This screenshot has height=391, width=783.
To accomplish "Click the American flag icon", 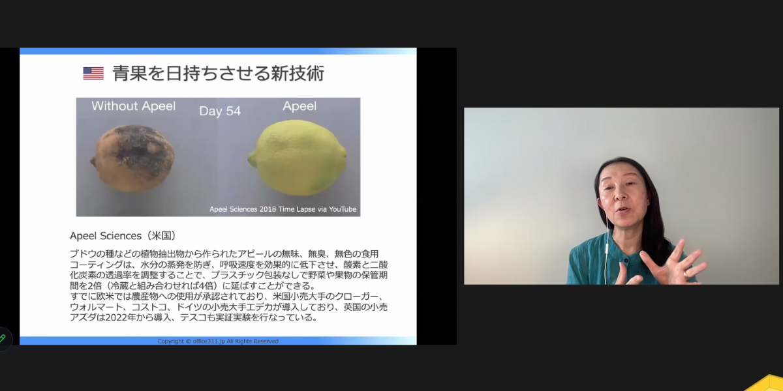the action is pyautogui.click(x=93, y=73).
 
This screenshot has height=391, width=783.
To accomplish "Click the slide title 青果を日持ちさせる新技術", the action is pyautogui.click(x=219, y=73).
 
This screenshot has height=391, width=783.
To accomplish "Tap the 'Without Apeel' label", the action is pyautogui.click(x=134, y=106).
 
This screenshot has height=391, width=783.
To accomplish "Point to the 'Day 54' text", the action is pyautogui.click(x=220, y=111).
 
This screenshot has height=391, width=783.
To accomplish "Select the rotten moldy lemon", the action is pyautogui.click(x=132, y=158).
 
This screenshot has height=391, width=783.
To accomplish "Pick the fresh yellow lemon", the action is pyautogui.click(x=298, y=157).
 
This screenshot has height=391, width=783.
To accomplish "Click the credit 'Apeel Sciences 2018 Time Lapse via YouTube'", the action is pyautogui.click(x=283, y=209).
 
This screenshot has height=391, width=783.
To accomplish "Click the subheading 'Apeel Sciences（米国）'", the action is pyautogui.click(x=123, y=236).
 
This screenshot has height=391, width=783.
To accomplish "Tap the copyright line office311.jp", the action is pyautogui.click(x=218, y=341).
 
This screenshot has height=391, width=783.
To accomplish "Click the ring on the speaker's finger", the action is pyautogui.click(x=686, y=275).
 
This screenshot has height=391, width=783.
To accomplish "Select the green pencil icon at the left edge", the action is pyautogui.click(x=3, y=338).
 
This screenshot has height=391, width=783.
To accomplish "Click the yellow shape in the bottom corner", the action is pyautogui.click(x=769, y=384).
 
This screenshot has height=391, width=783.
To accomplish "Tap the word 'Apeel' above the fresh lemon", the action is pyautogui.click(x=299, y=106).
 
